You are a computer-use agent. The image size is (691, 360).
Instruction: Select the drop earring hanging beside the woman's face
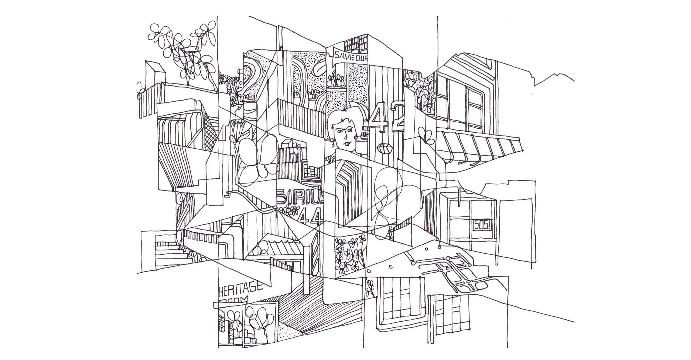click(x=334, y=143)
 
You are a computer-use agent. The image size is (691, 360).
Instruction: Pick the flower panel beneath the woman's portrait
click(x=349, y=254)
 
